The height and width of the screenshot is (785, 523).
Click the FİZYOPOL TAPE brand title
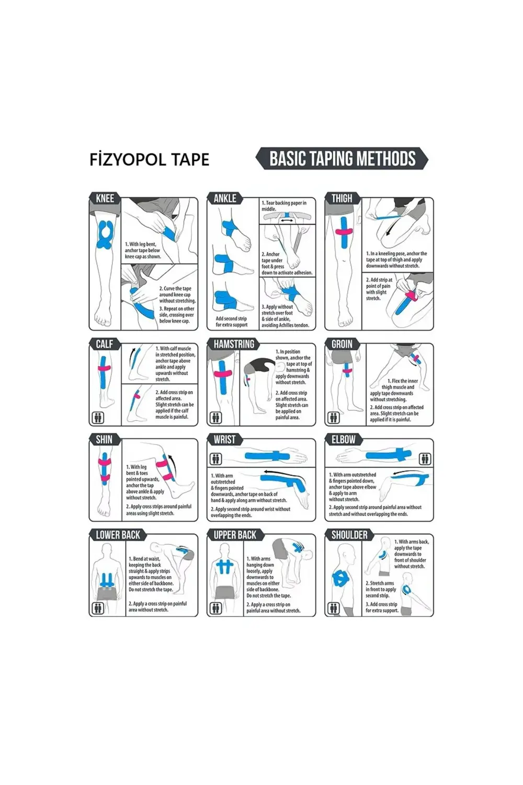[150, 160]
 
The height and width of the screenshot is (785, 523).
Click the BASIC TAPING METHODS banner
[342, 159]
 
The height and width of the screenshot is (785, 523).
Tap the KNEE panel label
[105, 198]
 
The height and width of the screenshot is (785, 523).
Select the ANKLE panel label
[225, 198]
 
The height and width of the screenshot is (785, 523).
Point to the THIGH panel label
[342, 198]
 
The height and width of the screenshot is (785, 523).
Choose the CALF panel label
[104, 344]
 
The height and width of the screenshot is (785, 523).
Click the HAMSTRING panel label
[234, 344]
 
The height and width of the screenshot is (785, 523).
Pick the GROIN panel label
[342, 344]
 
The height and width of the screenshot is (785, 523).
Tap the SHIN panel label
[104, 440]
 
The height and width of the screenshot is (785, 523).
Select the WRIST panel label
[224, 440]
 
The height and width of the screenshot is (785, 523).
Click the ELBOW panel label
[343, 440]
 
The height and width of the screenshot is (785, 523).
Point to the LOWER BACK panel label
[118, 535]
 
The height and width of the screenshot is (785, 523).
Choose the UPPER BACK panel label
[235, 535]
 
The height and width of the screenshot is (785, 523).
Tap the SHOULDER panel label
[349, 535]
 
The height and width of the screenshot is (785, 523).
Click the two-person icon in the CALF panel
[98, 418]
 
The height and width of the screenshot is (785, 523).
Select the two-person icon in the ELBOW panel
[425, 459]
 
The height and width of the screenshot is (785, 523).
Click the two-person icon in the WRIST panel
[215, 459]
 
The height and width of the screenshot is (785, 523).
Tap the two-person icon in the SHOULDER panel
[333, 608]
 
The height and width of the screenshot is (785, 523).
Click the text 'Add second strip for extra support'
[231, 321]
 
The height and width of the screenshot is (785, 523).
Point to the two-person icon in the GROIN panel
[333, 418]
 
